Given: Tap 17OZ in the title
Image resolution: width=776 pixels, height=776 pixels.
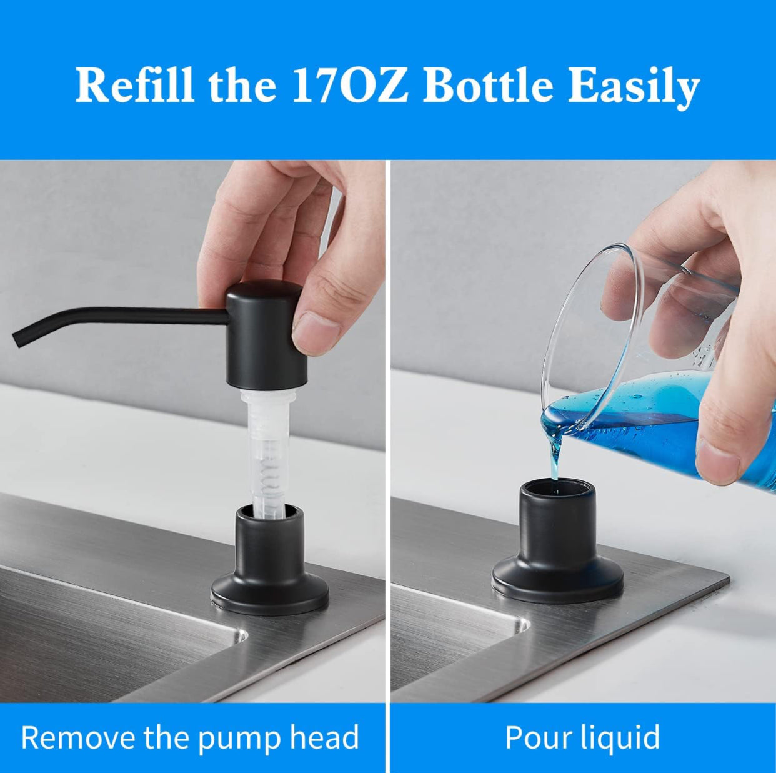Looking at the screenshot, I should [350, 86].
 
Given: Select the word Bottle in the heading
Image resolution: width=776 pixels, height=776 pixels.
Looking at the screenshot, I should [487, 86].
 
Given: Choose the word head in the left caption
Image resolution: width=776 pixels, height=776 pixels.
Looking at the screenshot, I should [324, 737].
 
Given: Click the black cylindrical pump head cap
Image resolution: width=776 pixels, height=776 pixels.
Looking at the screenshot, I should [266, 334].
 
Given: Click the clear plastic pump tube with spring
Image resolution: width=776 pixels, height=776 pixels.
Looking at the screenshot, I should [267, 450].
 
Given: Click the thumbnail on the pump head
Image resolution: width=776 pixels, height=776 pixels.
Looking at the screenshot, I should [316, 327].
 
